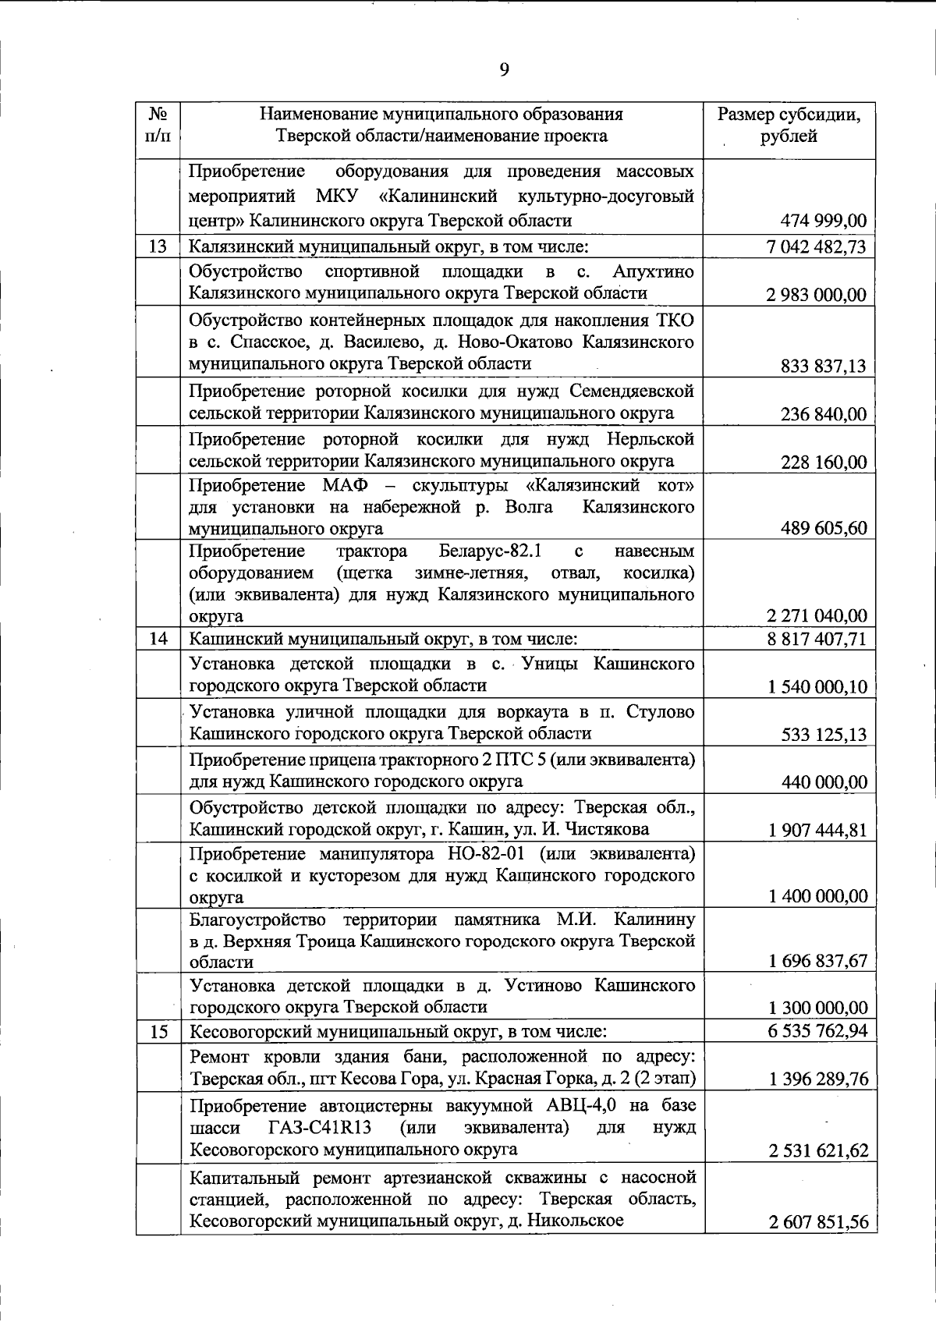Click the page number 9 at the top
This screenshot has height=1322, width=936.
(x=504, y=69)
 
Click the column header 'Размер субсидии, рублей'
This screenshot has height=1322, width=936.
(x=789, y=126)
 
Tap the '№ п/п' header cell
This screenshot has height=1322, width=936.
(x=158, y=126)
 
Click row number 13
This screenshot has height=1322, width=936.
(x=158, y=247)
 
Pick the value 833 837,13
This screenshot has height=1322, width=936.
(x=822, y=366)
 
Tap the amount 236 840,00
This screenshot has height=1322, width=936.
(x=823, y=414)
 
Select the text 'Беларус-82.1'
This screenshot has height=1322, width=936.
(x=490, y=551)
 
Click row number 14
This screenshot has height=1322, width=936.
(x=158, y=639)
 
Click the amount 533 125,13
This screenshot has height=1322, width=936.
(x=823, y=735)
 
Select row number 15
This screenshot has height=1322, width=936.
(x=158, y=1032)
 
